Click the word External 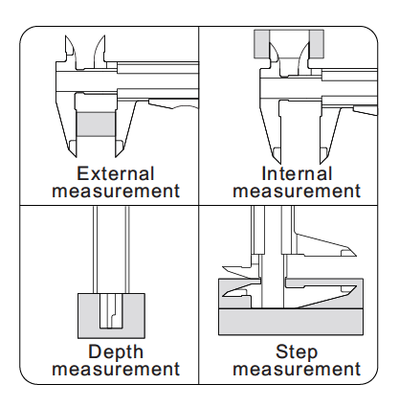coord(116,174)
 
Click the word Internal coord(297,174)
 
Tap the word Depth coord(116,351)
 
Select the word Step coord(297,351)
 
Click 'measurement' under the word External coord(116,191)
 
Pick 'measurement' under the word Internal coord(297,191)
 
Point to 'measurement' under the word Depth coord(116,369)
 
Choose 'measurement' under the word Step coord(297,369)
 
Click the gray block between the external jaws coord(96,124)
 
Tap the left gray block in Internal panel coord(261,44)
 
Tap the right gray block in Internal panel coord(317,44)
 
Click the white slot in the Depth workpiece coord(111,311)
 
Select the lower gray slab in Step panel coord(291,322)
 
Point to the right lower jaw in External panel coord(125,127)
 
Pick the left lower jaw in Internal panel coord(272,131)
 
